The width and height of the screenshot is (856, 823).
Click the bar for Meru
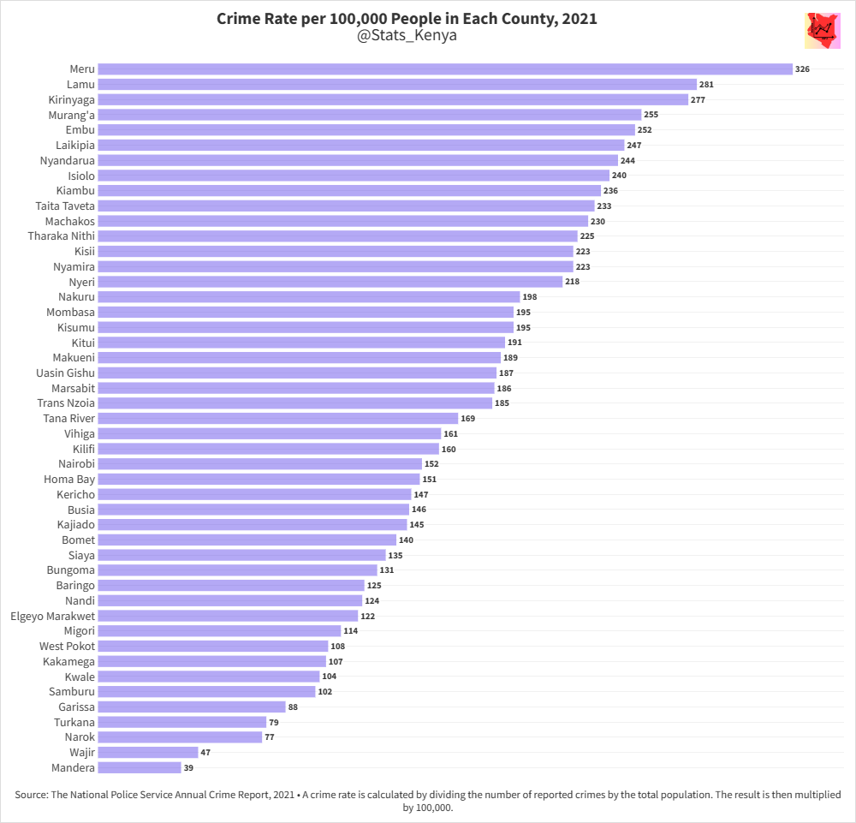[445, 69]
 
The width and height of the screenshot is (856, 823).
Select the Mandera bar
[140, 767]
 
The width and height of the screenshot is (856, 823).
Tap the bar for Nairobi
[260, 464]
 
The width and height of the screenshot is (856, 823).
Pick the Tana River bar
[278, 418]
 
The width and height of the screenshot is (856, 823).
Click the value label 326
[802, 69]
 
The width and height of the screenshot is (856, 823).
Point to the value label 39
[188, 767]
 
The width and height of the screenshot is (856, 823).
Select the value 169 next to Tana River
[467, 418]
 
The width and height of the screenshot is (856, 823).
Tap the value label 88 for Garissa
[293, 707]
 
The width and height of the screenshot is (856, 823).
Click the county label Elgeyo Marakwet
[52, 616]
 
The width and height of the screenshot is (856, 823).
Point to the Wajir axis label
[82, 752]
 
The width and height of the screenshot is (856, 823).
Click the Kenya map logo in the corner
[823, 32]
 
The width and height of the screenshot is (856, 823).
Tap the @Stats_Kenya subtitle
[407, 36]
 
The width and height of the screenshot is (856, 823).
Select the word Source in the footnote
[30, 795]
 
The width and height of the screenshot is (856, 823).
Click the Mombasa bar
[306, 312]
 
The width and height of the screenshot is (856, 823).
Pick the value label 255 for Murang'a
[651, 114]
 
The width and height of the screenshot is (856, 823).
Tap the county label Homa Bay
[69, 479]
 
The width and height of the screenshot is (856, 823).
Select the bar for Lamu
[397, 84]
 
